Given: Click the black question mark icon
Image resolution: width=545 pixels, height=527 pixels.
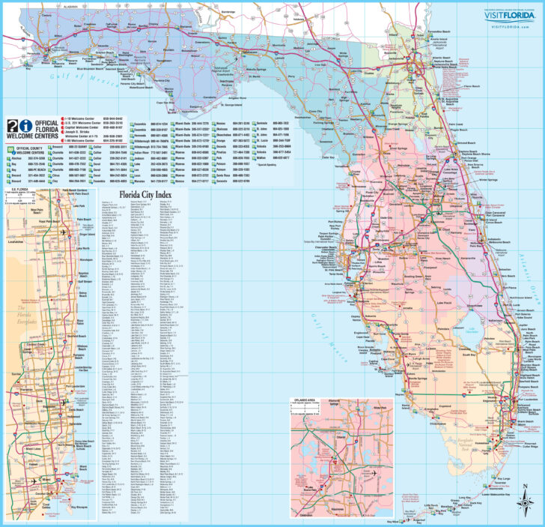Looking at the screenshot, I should tap(11, 127).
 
